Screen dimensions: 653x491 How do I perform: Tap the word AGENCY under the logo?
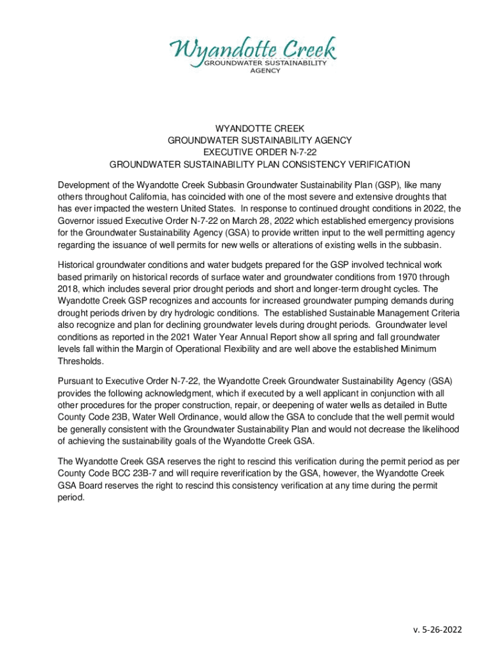pos(265,71)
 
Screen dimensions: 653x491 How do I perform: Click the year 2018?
pos(68,288)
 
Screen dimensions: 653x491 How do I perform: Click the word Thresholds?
pos(80,361)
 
